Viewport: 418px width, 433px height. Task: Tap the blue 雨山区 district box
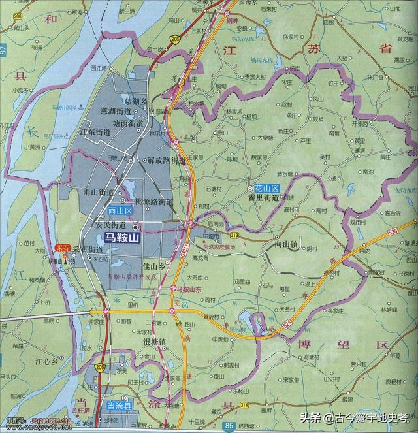tap(120, 211)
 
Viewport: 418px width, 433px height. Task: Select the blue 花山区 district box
tap(266, 187)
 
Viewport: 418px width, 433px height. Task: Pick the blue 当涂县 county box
tap(119, 406)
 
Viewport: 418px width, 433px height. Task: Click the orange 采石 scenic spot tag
tap(63, 248)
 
